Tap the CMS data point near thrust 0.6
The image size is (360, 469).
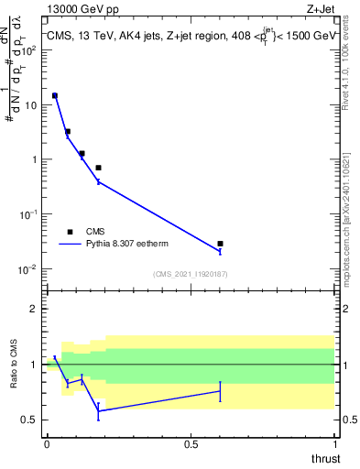pos(220,244)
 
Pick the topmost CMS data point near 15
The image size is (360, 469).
pos(55,95)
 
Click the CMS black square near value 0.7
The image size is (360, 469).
pos(98,168)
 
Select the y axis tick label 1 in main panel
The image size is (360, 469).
pos(36,159)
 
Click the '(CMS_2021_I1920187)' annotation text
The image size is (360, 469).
pos(190,274)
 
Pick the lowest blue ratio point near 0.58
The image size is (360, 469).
pos(98,410)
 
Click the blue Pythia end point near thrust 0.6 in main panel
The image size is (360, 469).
pos(220,251)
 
